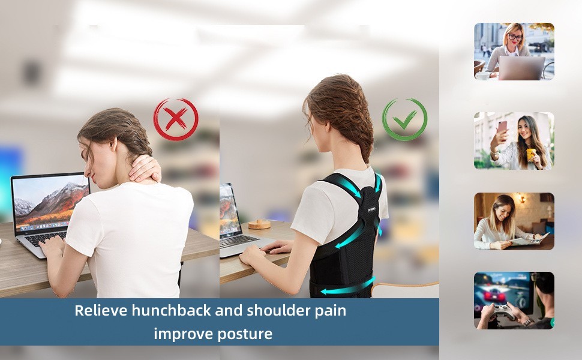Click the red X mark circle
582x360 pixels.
click(x=176, y=99)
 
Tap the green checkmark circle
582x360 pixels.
click(x=404, y=100)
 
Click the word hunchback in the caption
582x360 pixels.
click(x=171, y=310)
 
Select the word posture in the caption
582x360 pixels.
click(x=245, y=334)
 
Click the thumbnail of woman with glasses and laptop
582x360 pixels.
click(x=514, y=52)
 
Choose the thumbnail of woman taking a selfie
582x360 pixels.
click(x=514, y=141)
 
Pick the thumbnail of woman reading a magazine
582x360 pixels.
click(x=514, y=221)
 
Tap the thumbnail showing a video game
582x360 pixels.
click(x=514, y=301)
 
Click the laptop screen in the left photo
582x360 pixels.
click(x=51, y=203)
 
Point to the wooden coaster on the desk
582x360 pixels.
click(x=259, y=224)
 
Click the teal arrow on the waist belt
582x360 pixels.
click(x=347, y=287)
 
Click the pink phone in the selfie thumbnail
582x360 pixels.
click(x=502, y=127)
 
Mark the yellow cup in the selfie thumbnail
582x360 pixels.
click(x=531, y=154)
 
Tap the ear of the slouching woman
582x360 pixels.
click(x=113, y=143)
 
